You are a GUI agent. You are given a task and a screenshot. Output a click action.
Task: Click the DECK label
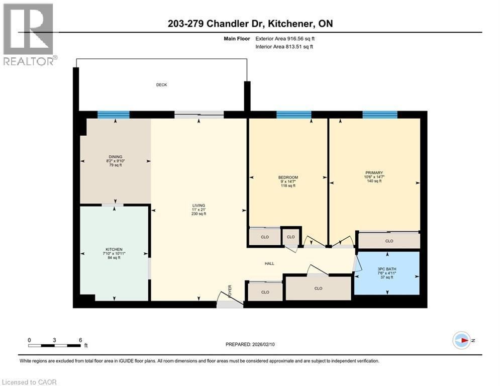click(x=161, y=85)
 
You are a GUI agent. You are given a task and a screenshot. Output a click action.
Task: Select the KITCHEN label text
click(x=114, y=250)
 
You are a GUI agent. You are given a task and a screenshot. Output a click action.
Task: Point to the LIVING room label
click(x=198, y=206)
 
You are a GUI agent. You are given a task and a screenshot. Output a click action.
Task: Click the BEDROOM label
click(x=288, y=177)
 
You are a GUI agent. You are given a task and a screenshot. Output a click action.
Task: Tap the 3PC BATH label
click(x=387, y=269)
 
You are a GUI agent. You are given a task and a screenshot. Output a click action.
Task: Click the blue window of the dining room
click(x=113, y=115)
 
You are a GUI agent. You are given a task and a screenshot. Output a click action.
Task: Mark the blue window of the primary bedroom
click(x=380, y=115)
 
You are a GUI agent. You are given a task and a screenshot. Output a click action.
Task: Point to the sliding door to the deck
click(x=199, y=115)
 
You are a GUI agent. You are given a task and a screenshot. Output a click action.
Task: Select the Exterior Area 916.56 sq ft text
click(x=286, y=38)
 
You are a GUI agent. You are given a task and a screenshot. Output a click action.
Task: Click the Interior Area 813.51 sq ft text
click(x=284, y=47)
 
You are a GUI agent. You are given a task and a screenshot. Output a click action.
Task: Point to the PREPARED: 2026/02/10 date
click(x=250, y=344)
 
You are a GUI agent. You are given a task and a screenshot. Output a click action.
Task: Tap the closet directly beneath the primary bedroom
click(x=389, y=241)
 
